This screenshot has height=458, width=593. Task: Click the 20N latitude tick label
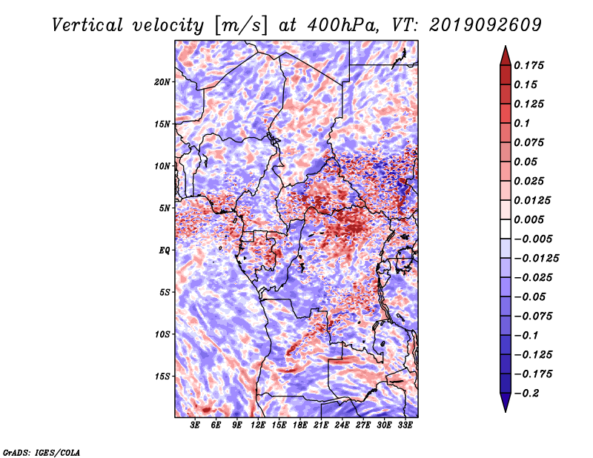(162, 82)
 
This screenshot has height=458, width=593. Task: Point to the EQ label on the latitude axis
(164, 250)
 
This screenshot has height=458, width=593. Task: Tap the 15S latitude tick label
(162, 376)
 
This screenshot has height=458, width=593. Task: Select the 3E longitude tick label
(195, 425)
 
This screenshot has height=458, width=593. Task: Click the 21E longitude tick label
(321, 425)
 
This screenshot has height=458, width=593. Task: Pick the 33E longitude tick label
(405, 425)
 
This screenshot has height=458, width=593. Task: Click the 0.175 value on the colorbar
(529, 65)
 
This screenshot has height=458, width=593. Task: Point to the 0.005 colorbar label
(529, 219)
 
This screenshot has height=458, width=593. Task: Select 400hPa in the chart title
(342, 25)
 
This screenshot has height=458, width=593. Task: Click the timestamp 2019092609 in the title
(486, 25)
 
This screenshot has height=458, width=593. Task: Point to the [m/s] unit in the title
(241, 26)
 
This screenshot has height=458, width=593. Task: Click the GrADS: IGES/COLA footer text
(42, 453)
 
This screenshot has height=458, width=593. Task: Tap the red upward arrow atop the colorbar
(506, 56)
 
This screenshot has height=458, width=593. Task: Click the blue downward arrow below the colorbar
(506, 402)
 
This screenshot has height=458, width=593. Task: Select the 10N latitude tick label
(162, 167)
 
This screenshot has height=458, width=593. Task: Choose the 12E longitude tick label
(257, 425)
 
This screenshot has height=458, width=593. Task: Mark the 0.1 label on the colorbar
(522, 123)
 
